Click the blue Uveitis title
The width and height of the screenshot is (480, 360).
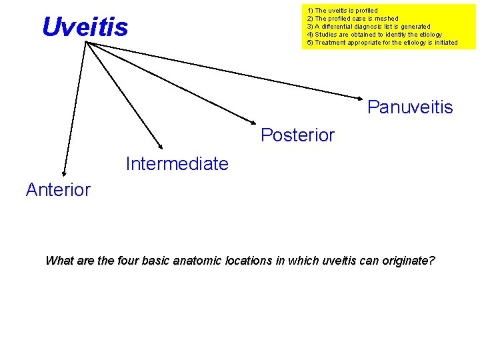point(85,27)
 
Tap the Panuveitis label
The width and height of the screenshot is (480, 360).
point(410,107)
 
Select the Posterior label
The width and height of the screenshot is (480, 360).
point(297,135)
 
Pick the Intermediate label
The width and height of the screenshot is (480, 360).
point(177,163)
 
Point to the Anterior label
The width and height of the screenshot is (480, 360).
point(58,190)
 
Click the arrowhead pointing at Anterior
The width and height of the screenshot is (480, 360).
point(63,173)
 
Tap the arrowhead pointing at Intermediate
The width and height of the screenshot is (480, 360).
point(160,145)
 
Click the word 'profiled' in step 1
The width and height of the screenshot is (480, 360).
point(365,11)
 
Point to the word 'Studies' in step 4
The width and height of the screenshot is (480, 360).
point(326,35)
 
